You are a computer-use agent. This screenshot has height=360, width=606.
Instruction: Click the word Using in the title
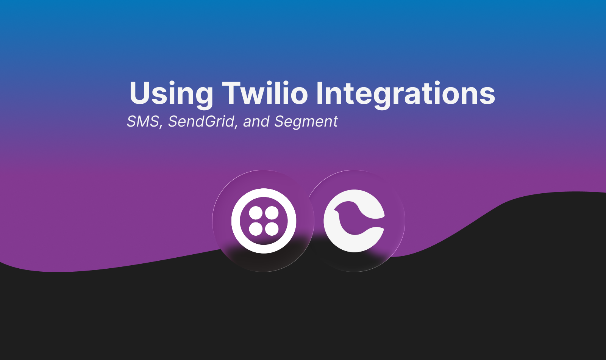click(x=171, y=94)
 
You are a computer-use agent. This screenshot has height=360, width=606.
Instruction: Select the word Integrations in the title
click(x=405, y=94)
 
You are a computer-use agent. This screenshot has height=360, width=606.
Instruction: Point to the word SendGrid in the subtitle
click(x=201, y=122)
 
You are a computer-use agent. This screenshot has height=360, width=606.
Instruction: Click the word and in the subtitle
click(x=256, y=122)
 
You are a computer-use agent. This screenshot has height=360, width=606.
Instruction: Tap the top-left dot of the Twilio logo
click(x=256, y=213)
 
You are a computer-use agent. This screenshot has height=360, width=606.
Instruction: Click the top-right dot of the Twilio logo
click(x=272, y=213)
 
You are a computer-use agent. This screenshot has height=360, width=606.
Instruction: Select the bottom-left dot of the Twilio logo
click(x=256, y=229)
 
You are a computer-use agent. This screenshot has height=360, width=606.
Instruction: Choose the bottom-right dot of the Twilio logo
click(x=272, y=229)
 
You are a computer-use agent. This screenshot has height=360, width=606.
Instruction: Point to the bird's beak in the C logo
click(x=336, y=210)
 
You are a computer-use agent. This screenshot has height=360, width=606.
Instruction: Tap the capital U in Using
click(x=139, y=92)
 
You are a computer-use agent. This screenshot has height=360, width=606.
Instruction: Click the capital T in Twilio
click(x=231, y=92)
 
